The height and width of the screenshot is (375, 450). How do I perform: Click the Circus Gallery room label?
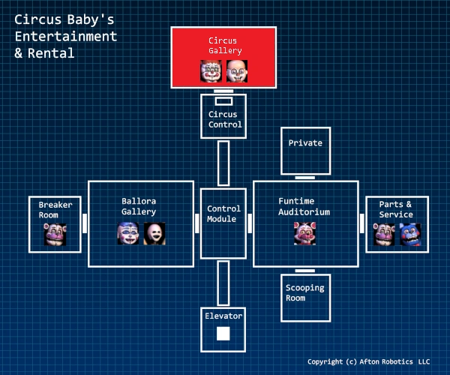pos(223,44)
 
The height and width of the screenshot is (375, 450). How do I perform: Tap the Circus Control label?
pos(223,120)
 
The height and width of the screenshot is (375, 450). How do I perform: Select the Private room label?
pos(304,143)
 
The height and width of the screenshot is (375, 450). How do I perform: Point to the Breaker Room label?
pos(55,209)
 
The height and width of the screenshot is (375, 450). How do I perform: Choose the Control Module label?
pos(223,214)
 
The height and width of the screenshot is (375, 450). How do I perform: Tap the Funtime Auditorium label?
pos(304,207)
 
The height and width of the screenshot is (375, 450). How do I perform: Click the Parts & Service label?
pos(395,209)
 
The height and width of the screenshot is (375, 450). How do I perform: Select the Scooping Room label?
pos(295,292)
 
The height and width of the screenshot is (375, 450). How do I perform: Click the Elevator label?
pos(223,316)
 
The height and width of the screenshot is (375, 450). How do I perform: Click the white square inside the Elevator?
pos(223,334)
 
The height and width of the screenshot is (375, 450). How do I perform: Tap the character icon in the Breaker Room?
pos(55,234)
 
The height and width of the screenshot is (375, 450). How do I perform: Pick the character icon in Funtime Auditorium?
pos(304,233)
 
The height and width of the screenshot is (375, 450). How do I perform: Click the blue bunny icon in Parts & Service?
pos(410,234)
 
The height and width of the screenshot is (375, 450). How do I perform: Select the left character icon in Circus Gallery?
pos(211,70)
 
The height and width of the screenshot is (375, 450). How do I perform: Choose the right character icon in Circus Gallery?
pos(237,70)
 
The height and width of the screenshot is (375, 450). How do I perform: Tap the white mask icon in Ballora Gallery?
pos(154,233)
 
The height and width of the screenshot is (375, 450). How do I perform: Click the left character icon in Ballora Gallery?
pos(128,233)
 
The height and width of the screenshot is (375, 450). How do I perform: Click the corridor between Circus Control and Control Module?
pos(223,163)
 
